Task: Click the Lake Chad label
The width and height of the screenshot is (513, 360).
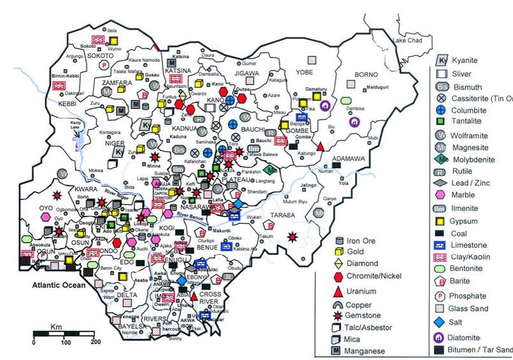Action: click(408, 41)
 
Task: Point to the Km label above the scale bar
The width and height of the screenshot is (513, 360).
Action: click(55, 327)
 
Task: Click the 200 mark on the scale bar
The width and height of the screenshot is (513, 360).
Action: click(96, 343)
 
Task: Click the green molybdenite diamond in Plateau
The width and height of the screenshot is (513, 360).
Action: click(271, 169)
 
